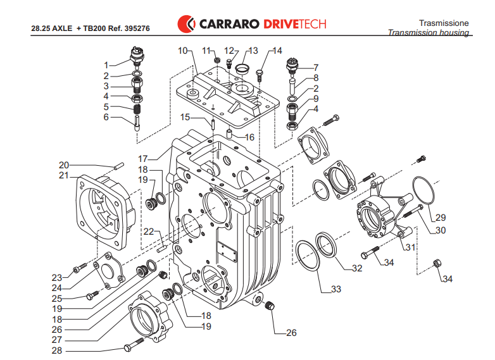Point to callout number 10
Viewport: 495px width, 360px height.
coord(182,50)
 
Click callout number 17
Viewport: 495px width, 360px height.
coord(142,158)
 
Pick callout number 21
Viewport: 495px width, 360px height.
coord(63,175)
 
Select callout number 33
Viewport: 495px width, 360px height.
coord(335,290)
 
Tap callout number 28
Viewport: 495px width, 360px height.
coord(57,351)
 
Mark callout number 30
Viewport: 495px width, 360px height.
coord(440,230)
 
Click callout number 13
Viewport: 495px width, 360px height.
coord(253,51)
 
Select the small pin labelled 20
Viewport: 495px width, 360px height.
coord(118,166)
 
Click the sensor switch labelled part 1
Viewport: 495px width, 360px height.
coord(136,58)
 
